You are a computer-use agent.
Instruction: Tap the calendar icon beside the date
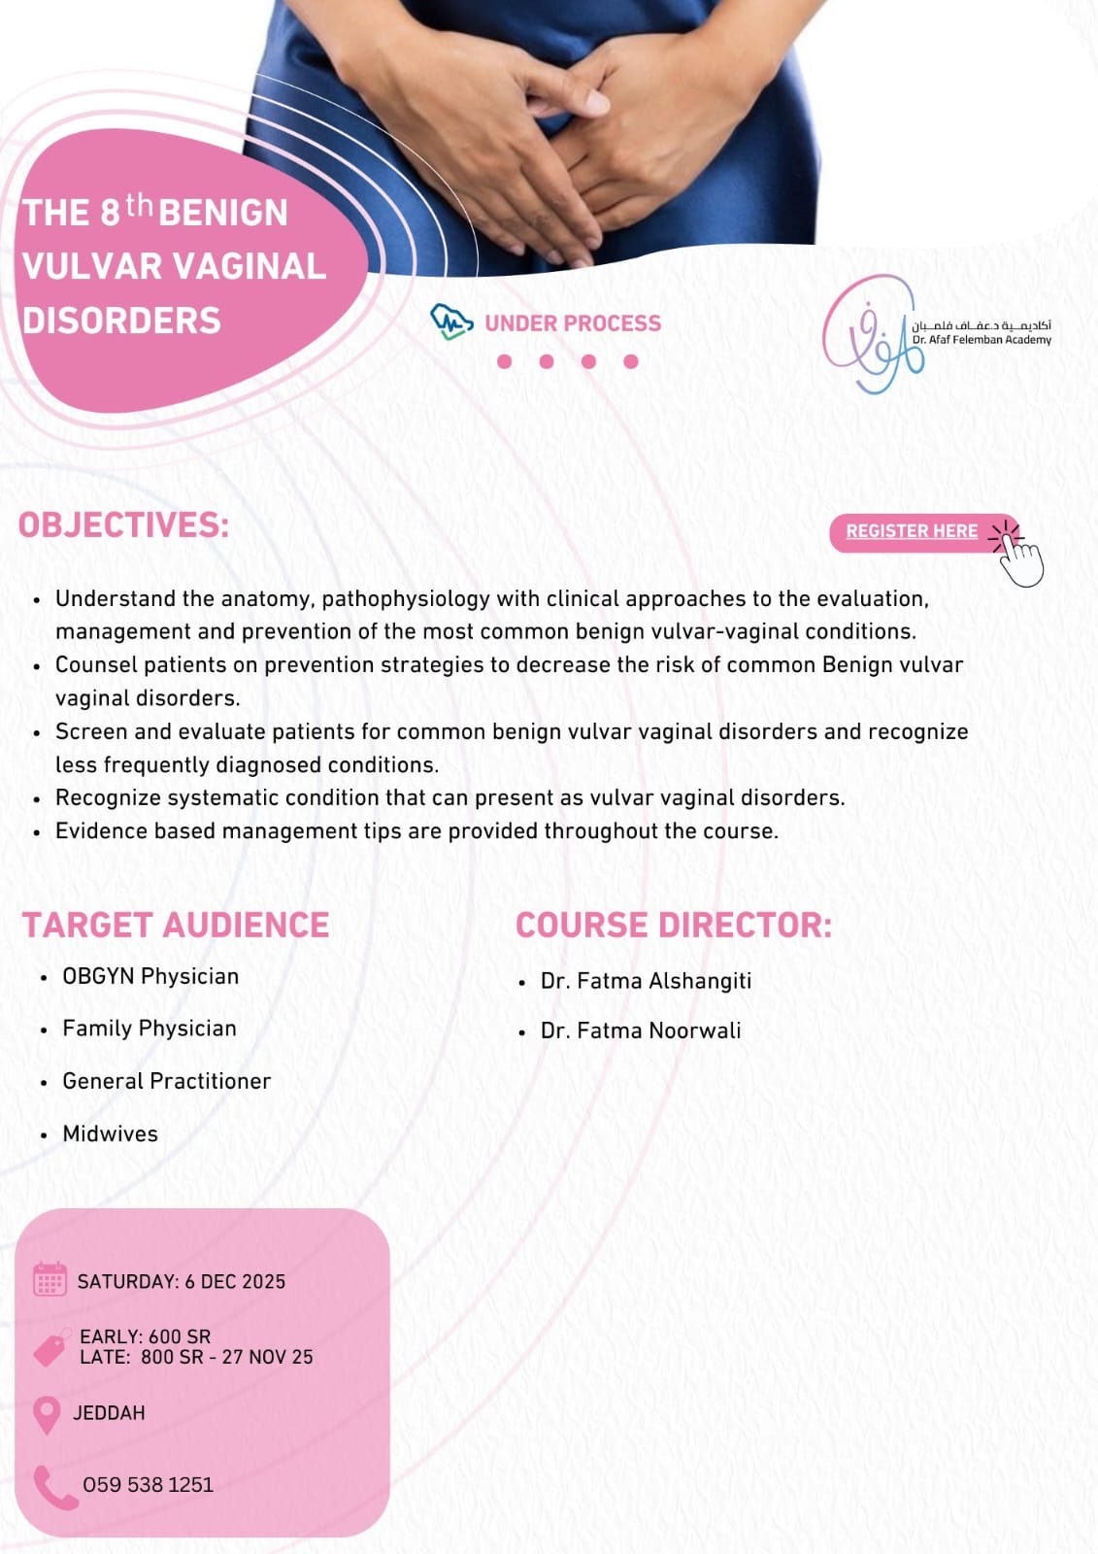click(50, 1279)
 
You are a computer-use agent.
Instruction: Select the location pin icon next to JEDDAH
click(48, 1415)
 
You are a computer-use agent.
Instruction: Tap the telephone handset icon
click(55, 1487)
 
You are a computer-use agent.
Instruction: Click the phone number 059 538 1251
click(148, 1485)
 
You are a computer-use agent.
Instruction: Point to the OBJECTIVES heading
click(123, 525)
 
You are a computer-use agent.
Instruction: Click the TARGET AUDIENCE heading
click(176, 925)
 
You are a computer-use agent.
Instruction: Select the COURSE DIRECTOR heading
click(674, 925)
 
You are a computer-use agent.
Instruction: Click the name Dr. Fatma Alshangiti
click(646, 981)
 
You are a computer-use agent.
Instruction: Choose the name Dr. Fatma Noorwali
click(641, 1030)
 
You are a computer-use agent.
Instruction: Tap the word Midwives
click(111, 1133)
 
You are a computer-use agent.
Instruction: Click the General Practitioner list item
click(166, 1081)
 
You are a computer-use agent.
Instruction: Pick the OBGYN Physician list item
click(150, 976)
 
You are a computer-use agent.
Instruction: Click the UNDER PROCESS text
click(573, 323)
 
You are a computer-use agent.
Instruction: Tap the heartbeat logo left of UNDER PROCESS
click(451, 321)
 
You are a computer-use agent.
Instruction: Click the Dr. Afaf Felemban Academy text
click(982, 340)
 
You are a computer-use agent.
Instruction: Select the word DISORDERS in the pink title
click(121, 321)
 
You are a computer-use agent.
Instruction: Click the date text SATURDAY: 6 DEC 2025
click(181, 1281)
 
